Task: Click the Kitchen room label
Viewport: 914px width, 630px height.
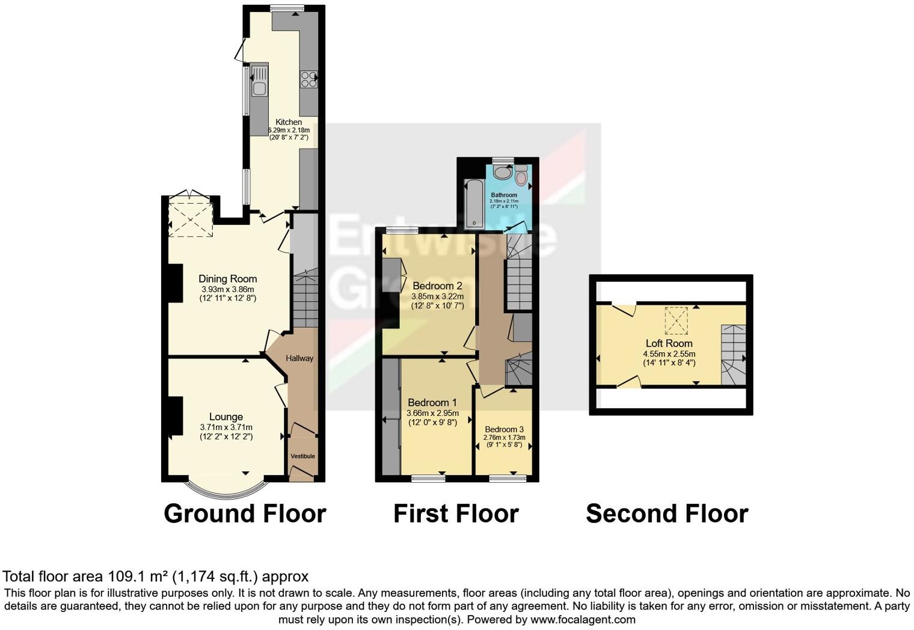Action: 289,122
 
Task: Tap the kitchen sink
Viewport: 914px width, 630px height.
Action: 260,81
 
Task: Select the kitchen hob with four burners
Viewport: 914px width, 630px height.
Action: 308,79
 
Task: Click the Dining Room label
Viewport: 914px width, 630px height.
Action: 227,279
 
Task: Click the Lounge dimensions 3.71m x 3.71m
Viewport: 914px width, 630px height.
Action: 226,427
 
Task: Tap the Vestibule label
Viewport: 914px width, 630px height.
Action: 302,456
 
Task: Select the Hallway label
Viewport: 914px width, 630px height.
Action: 299,358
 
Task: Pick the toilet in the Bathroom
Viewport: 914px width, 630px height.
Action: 521,175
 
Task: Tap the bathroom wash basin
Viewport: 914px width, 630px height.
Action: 501,173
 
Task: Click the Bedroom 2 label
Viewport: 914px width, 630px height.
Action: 437,286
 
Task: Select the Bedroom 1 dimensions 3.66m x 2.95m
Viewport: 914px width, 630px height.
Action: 432,413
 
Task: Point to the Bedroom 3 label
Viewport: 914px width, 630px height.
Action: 504,429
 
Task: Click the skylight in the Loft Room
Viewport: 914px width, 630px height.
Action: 676,320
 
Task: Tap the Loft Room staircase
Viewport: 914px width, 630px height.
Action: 733,355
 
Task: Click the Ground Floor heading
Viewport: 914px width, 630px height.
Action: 245,514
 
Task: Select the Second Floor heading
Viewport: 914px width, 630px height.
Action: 667,514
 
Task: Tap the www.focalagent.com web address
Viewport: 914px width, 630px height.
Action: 582,619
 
